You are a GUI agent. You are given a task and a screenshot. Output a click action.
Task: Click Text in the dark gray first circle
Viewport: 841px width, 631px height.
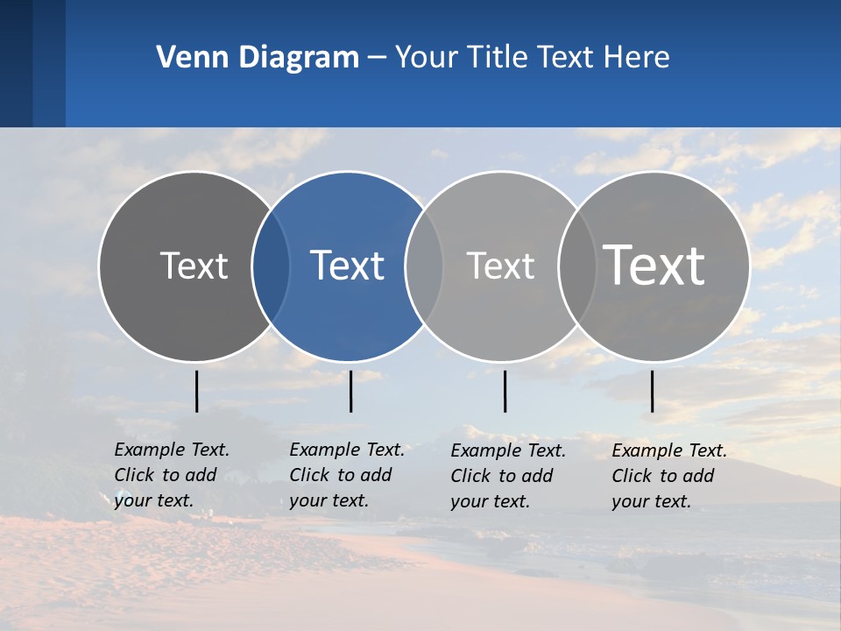pos(194,266)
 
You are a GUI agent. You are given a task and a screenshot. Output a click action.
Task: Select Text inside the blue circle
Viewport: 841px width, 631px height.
pos(347,266)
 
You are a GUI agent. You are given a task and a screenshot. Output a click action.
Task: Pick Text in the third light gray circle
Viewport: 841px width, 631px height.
pos(500,266)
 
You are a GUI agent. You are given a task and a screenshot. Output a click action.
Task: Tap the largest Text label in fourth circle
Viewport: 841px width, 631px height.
pos(654,265)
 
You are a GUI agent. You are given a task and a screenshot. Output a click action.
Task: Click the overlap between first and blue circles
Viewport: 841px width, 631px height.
pos(271,266)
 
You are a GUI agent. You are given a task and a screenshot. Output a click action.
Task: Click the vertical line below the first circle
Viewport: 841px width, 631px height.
pos(196,391)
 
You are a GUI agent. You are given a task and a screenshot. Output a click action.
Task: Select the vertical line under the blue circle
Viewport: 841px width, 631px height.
pos(350,391)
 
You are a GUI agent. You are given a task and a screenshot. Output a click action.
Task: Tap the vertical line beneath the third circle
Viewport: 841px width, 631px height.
pos(505,391)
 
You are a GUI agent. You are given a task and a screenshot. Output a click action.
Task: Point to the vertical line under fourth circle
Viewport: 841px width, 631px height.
pos(652,391)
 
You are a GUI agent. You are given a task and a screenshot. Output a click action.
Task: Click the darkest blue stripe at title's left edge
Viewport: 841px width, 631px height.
pos(16,63)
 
